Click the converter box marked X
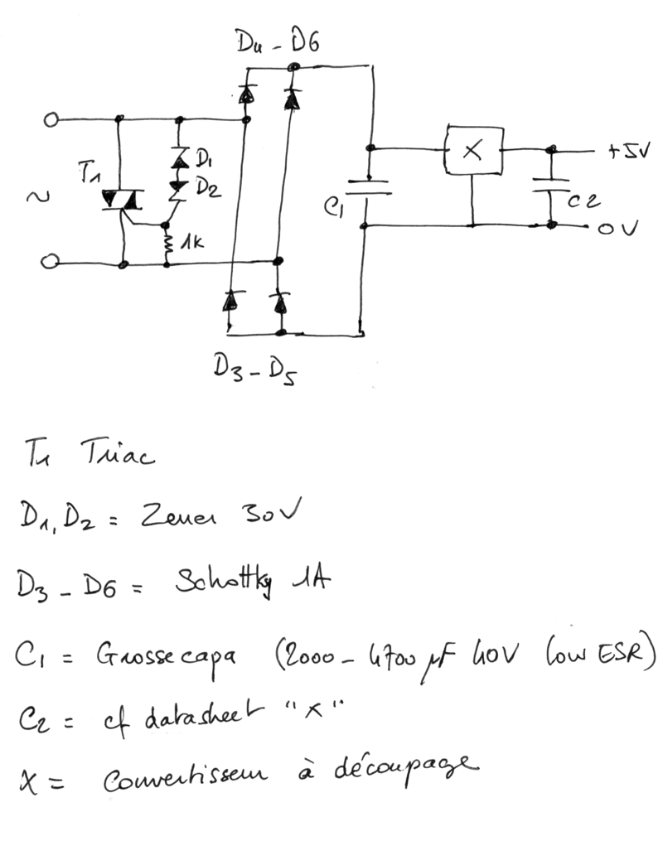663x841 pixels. pyautogui.click(x=473, y=151)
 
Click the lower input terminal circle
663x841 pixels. pyautogui.click(x=50, y=264)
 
